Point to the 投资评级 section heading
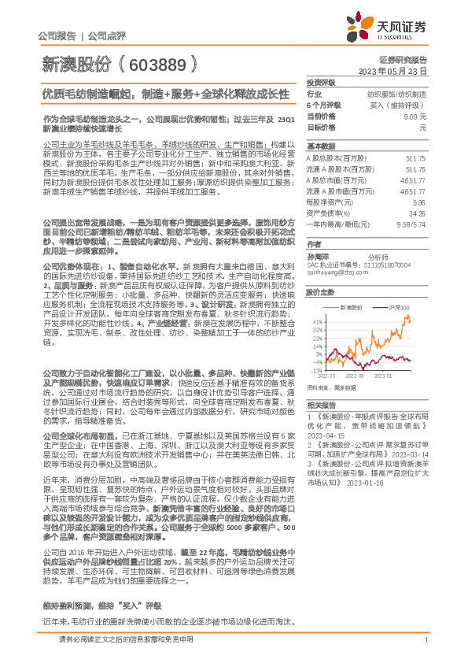(x=319, y=82)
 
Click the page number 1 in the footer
(x=426, y=646)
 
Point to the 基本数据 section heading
(x=319, y=146)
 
